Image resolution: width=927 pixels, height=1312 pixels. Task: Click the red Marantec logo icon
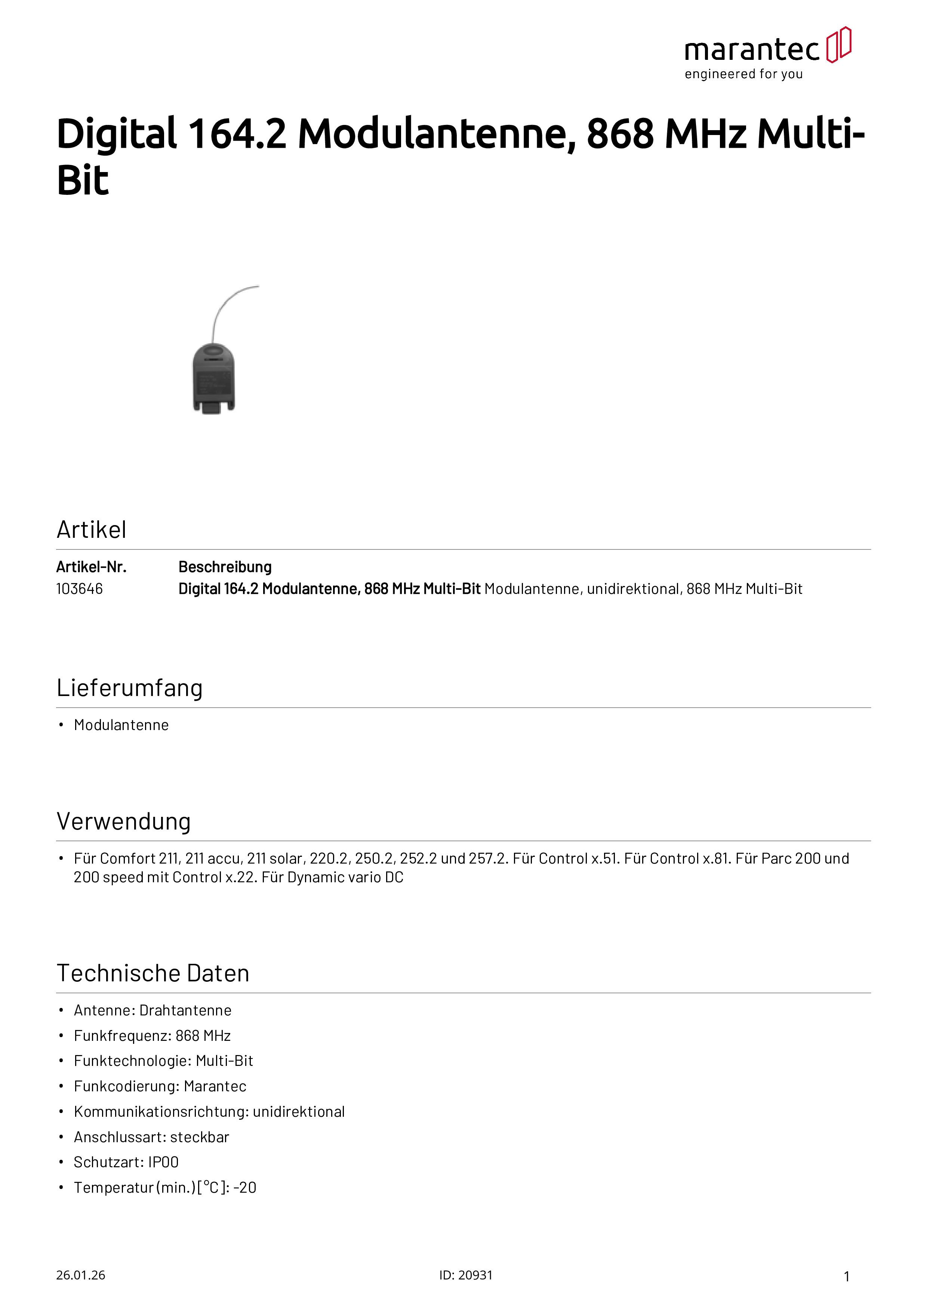click(838, 45)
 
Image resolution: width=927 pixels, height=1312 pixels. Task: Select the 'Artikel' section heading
click(91, 530)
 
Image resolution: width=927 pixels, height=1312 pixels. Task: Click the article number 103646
click(79, 589)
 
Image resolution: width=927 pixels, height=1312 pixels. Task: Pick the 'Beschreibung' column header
click(225, 567)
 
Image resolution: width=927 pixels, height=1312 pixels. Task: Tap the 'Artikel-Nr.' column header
click(91, 567)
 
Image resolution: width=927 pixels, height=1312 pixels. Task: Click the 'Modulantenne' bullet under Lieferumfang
click(121, 725)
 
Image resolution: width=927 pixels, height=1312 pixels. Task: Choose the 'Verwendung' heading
click(123, 822)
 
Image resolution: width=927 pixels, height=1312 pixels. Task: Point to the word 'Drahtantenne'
click(185, 1010)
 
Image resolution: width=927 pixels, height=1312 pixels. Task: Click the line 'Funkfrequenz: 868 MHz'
click(152, 1036)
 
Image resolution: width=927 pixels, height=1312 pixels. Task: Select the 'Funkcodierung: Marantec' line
click(160, 1086)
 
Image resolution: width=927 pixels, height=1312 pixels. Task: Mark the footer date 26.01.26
click(80, 1275)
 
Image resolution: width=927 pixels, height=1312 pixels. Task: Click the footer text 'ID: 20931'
click(465, 1275)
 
